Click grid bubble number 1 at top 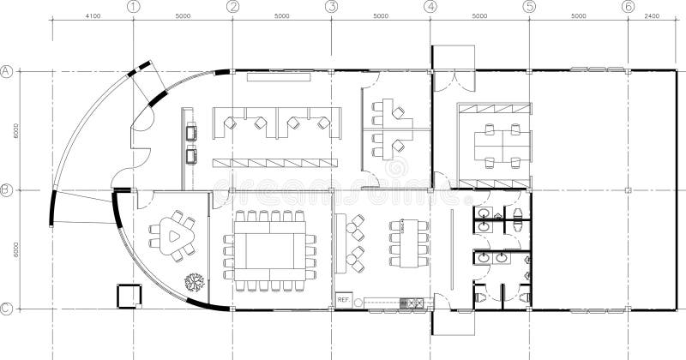point(133,6)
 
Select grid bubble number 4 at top point(430,6)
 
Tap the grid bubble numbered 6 point(629,6)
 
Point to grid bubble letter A point(6,71)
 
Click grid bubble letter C point(6,309)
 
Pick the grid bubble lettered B point(6,190)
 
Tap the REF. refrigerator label point(343,300)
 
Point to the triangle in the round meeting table point(174,233)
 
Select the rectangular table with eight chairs point(408,243)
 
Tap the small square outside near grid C point(129,295)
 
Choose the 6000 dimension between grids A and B point(15,131)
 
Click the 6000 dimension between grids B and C point(15,249)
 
